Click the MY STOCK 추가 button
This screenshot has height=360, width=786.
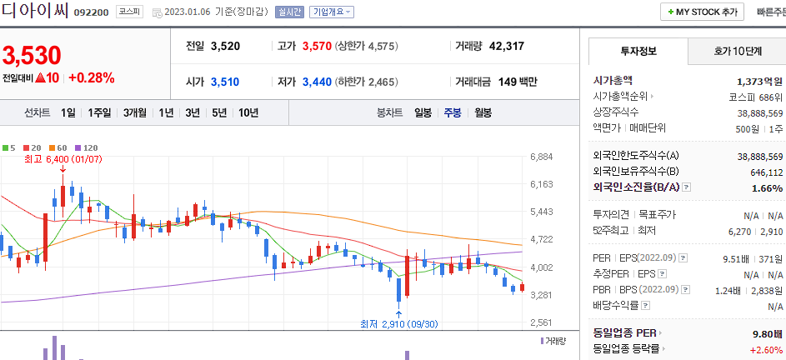(x=703, y=12)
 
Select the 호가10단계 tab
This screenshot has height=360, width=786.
(x=737, y=51)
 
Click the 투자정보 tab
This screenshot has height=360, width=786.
(x=638, y=51)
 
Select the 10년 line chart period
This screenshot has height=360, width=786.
(x=248, y=112)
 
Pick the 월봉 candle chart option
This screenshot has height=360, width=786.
(x=483, y=112)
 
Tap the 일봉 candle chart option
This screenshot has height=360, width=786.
(x=423, y=112)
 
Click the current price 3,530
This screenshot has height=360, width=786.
(x=32, y=56)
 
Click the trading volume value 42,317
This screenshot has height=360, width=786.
(x=507, y=46)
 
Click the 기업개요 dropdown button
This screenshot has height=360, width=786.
(x=331, y=12)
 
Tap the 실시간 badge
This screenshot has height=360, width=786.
(x=289, y=12)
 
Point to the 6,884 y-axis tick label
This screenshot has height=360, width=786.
(x=542, y=157)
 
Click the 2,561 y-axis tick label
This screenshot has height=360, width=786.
(x=542, y=322)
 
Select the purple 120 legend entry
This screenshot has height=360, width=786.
(x=86, y=147)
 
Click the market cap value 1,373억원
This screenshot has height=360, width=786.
(x=759, y=81)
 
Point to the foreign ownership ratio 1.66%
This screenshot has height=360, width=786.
(x=767, y=188)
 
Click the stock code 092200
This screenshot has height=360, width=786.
(x=90, y=13)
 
